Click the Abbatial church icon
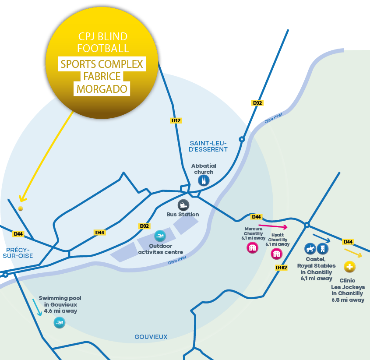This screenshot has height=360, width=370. (204, 181)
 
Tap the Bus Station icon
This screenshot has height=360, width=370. (183, 205)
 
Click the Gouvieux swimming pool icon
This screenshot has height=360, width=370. (59, 324)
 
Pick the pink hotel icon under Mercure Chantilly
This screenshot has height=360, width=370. (252, 248)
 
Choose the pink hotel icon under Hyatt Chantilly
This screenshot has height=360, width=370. (276, 254)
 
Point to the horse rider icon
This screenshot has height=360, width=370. (310, 249)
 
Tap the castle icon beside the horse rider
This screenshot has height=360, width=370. (323, 249)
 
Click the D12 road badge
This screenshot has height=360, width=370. (176, 120)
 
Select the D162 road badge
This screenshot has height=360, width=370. (281, 267)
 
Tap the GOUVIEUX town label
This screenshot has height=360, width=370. (151, 337)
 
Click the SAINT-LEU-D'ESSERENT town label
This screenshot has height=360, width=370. (208, 146)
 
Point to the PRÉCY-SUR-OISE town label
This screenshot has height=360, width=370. (18, 253)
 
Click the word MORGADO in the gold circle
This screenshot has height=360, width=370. (102, 89)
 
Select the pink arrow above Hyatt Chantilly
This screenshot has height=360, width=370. (276, 226)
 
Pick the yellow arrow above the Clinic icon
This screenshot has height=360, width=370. (353, 253)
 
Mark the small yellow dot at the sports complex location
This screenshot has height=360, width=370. (20, 208)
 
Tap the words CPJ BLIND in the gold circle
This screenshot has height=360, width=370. (102, 37)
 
